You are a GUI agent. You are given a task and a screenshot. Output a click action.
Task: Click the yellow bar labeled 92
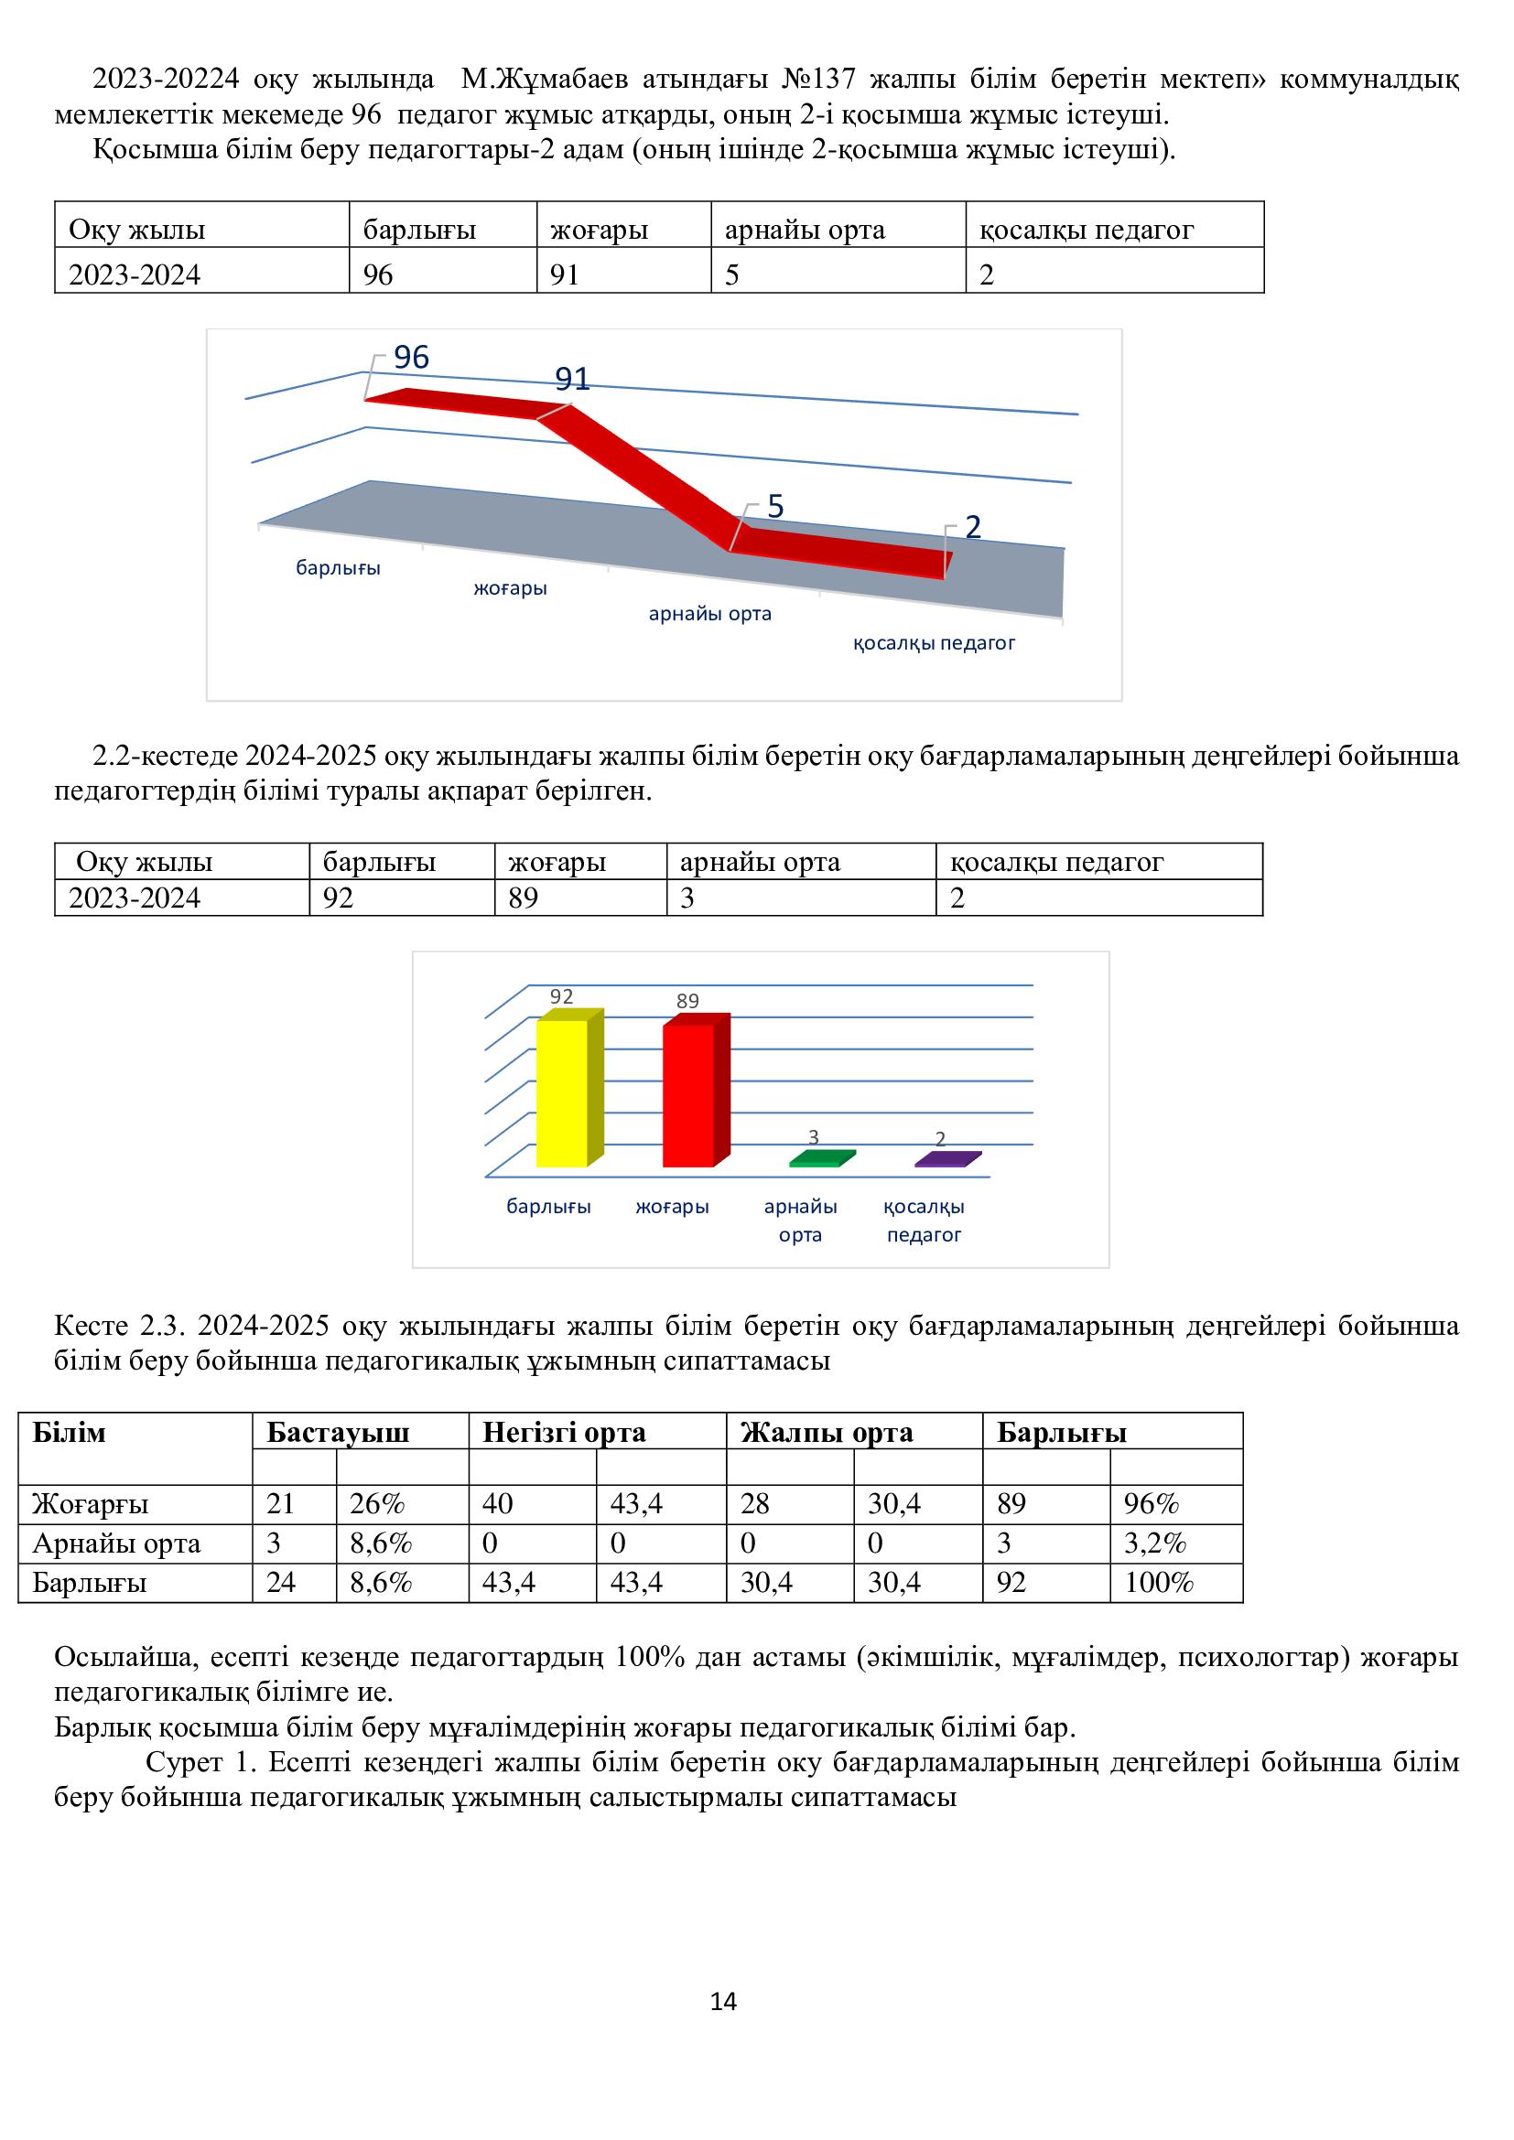(562, 1093)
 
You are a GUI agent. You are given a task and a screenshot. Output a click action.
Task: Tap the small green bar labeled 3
(820, 1159)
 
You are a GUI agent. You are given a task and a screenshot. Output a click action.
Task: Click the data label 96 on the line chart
(411, 357)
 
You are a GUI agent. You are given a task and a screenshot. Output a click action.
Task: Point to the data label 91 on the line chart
(572, 379)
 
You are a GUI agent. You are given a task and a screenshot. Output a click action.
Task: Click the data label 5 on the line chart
(775, 506)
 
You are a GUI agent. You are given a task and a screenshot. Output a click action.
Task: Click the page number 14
(723, 2000)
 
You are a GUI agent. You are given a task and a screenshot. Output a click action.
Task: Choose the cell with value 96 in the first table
(377, 275)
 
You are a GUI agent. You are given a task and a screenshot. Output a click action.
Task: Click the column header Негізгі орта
(564, 1432)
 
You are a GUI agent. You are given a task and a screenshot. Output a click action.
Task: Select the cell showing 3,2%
(1155, 1543)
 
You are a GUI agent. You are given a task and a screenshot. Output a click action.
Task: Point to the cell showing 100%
(1159, 1582)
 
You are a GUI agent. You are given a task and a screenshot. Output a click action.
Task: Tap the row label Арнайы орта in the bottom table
(116, 1543)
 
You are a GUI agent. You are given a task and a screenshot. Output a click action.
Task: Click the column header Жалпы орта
(826, 1432)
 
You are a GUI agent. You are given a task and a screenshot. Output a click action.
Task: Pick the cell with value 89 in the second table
(523, 898)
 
